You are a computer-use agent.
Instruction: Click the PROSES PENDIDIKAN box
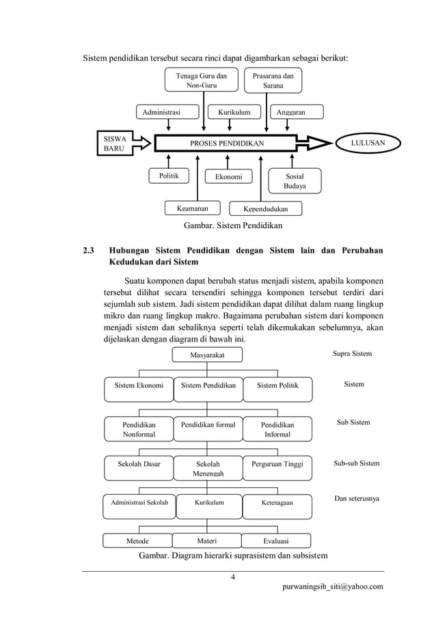coord(226,143)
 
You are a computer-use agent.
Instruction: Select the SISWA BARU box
coord(114,143)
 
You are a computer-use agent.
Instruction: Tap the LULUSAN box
coord(366,143)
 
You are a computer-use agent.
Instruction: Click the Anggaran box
coord(290,112)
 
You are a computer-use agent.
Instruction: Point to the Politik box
coord(169,176)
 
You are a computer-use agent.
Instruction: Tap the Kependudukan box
coord(266,208)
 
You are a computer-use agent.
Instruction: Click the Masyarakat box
coord(207,355)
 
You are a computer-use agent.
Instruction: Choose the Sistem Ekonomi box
coord(139,385)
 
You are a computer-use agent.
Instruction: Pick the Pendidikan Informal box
coord(277,429)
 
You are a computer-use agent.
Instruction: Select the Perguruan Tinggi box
coord(277,464)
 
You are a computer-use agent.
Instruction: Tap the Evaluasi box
coord(277,541)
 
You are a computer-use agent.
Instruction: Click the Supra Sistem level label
coord(352,354)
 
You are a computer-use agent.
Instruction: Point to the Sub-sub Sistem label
coord(356,463)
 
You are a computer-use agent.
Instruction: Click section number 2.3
coord(89,250)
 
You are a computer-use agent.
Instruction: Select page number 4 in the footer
coord(233,579)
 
